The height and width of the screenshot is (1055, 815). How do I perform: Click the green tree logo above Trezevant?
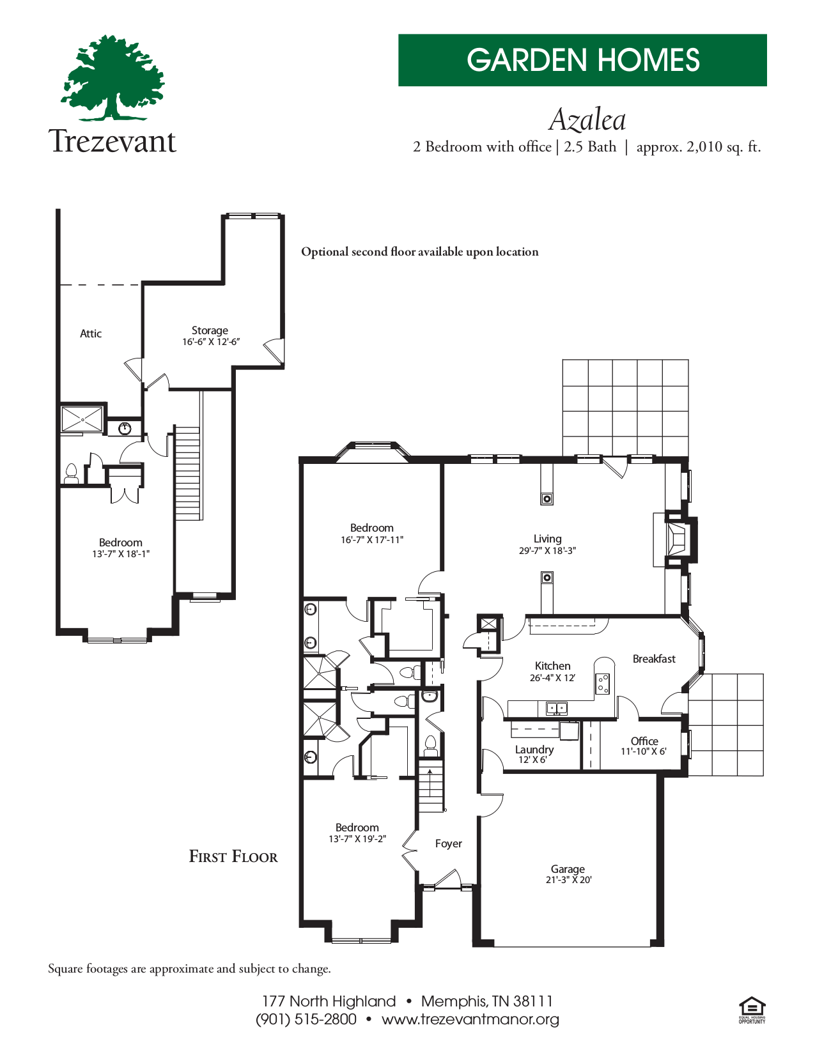[x=113, y=78]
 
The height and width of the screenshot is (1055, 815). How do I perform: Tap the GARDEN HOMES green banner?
[x=582, y=60]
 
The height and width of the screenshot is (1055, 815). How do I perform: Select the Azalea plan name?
[x=587, y=119]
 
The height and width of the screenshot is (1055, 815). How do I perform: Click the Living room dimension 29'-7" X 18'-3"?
[x=547, y=550]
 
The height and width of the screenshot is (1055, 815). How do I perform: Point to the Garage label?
[x=568, y=868]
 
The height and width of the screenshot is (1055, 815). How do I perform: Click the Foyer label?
[x=448, y=843]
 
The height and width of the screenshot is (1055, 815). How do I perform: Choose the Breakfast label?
[x=653, y=659]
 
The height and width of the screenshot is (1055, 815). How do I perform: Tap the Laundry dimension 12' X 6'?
[x=532, y=760]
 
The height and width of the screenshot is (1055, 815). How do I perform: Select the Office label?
[x=644, y=741]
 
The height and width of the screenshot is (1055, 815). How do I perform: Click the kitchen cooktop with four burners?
[x=603, y=684]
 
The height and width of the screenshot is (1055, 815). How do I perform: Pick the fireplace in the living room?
[x=676, y=539]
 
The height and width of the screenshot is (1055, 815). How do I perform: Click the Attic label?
[x=91, y=334]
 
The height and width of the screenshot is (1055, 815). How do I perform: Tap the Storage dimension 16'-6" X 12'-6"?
[x=211, y=342]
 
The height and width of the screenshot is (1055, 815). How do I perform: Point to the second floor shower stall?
[x=82, y=419]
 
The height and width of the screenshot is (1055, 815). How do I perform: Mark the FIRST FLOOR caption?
[x=233, y=857]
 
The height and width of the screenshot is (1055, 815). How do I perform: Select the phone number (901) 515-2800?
[x=306, y=1019]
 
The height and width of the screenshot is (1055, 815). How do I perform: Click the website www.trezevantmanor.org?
[x=470, y=1019]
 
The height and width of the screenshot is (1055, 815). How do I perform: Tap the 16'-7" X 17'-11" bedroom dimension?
[x=371, y=539]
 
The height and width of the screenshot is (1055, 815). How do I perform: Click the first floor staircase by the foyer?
[x=430, y=786]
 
